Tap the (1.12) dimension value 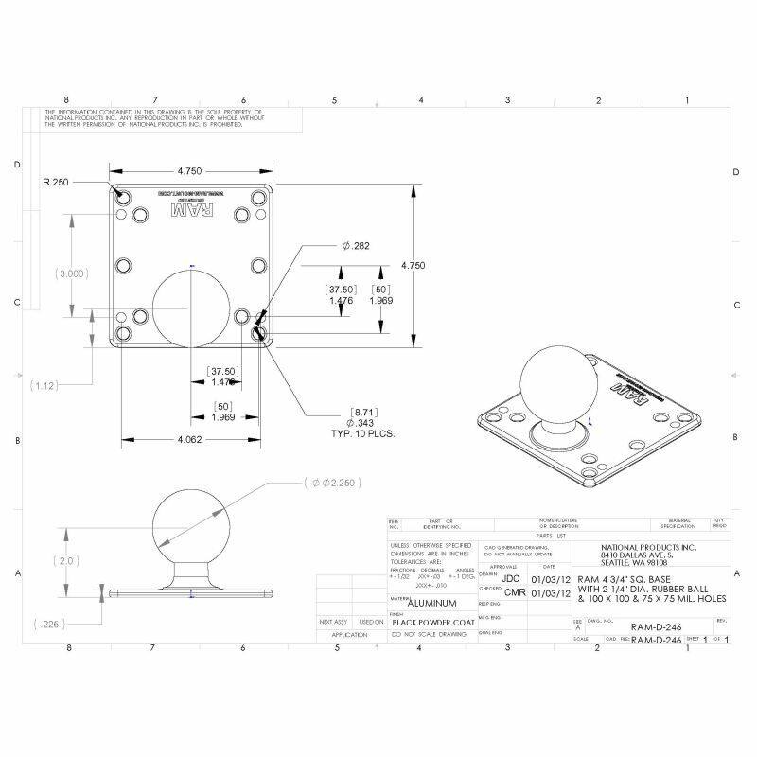pyautogui.click(x=44, y=386)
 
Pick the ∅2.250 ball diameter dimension pyautogui.click(x=331, y=483)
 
